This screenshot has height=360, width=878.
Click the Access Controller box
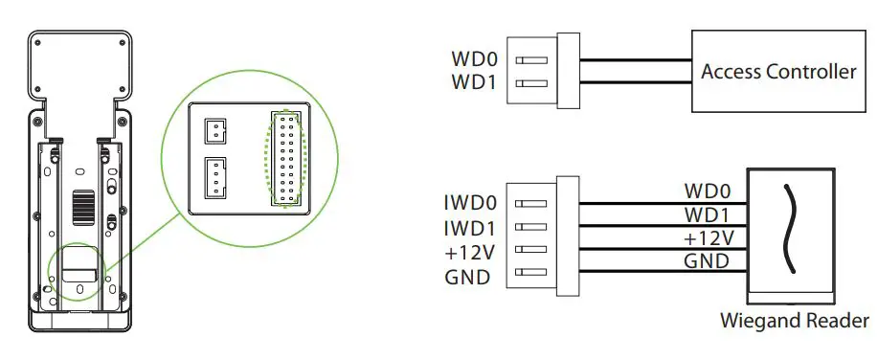coord(777,72)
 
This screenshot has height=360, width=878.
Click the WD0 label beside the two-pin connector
coord(474,59)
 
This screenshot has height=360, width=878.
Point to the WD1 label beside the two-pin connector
coord(474,82)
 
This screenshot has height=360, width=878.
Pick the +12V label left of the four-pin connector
coord(471,254)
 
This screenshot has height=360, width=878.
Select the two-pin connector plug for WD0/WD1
coord(544,71)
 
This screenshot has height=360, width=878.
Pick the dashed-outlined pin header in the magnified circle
coord(285,157)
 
